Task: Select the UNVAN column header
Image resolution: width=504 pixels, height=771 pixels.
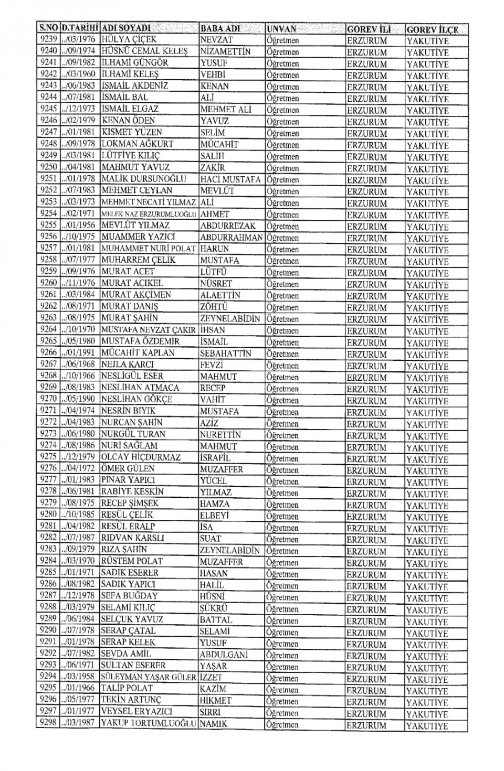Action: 282,29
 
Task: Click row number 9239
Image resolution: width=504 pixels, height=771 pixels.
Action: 49,39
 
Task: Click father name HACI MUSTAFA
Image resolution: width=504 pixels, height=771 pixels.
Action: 230,179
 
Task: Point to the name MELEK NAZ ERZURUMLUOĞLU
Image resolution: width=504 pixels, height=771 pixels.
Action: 149,214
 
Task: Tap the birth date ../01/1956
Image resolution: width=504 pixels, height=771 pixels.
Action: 78,225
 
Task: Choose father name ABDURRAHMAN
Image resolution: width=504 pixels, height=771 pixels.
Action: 232,238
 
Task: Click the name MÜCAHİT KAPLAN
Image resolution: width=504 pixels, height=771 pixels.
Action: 138,353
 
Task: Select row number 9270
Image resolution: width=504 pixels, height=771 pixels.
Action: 49,399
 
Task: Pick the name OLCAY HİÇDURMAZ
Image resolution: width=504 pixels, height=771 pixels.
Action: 141,457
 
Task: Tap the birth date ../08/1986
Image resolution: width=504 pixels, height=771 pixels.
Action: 78,445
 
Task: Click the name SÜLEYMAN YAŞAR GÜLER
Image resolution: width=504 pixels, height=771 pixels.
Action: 149,677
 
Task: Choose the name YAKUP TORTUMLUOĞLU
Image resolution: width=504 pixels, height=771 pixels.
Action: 149,723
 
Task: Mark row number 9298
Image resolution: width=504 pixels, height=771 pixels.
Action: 48,723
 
